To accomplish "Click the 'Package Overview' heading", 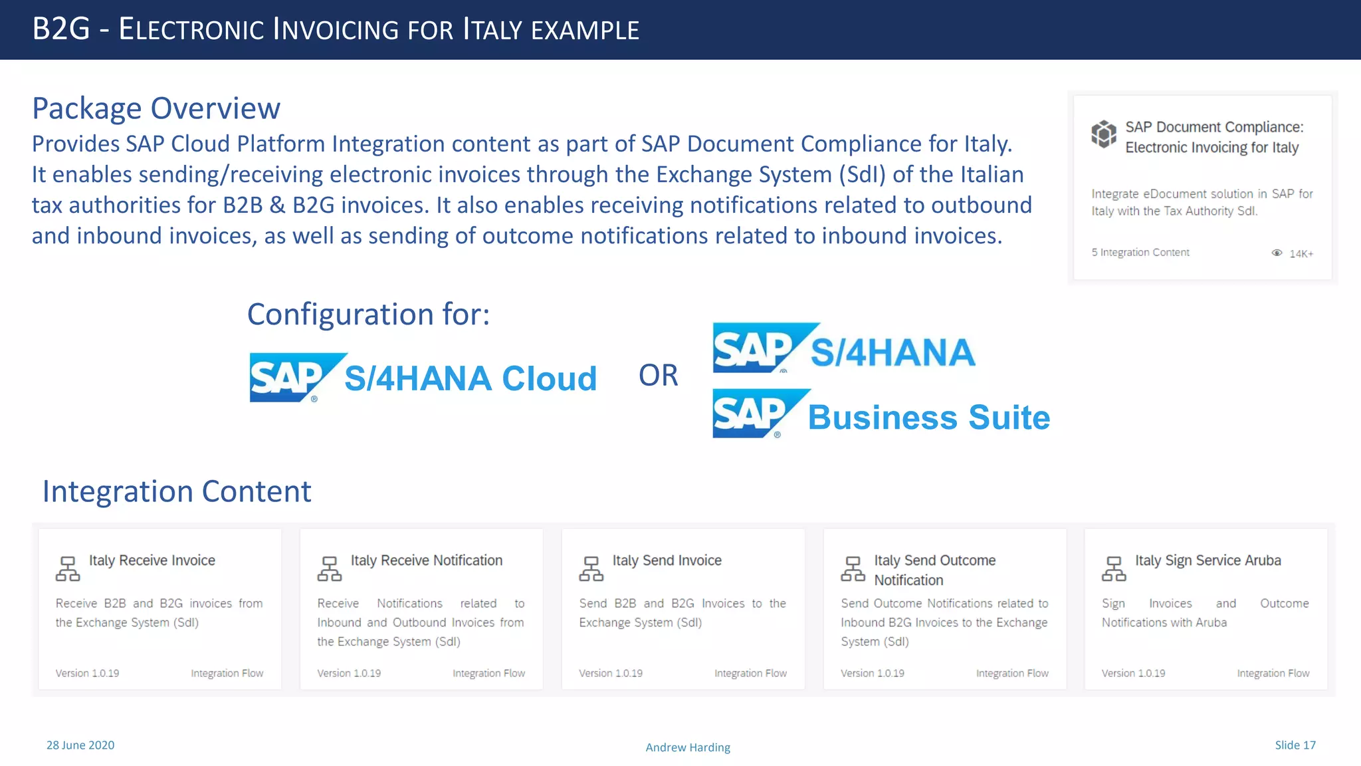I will tap(156, 108).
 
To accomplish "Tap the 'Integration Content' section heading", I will tap(177, 492).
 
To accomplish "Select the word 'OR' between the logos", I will tap(658, 376).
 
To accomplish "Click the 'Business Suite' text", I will tap(928, 418).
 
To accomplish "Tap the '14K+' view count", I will tap(1301, 254).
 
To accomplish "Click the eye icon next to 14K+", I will tap(1277, 253).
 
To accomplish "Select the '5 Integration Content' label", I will tap(1140, 253).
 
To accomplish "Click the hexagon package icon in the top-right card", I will tap(1104, 134).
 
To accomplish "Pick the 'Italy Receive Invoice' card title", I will tap(152, 561).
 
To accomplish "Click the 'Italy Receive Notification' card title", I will tap(427, 561).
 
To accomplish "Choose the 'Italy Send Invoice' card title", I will tap(667, 561).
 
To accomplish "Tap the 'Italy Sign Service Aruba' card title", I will tap(1208, 561).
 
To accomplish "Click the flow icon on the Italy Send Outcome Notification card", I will tap(853, 569).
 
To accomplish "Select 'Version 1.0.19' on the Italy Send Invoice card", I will tap(611, 674).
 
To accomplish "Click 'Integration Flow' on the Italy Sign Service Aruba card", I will tap(1273, 674).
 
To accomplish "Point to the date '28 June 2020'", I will tap(80, 745).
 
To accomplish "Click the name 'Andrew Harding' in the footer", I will tap(688, 747).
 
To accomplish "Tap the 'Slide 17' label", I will tap(1295, 745).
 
